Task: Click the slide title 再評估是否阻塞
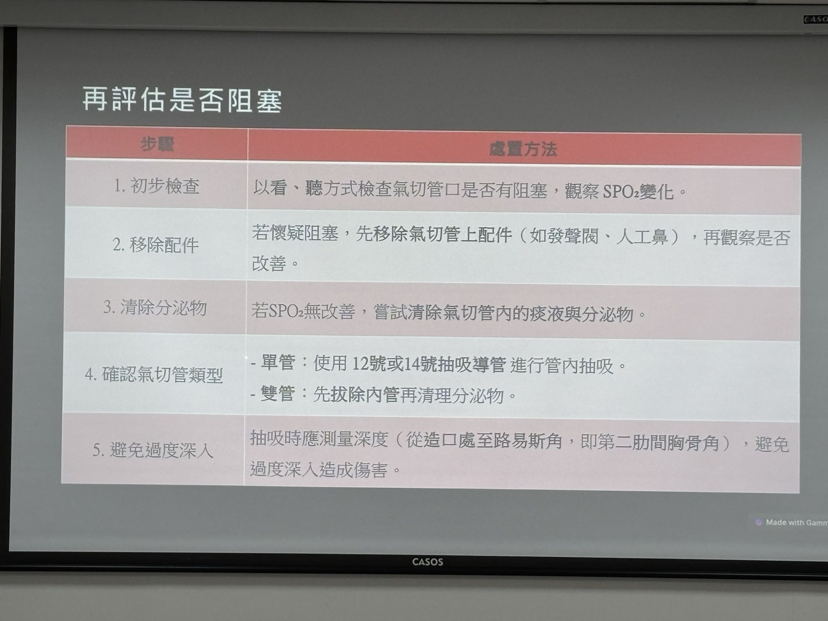tap(182, 100)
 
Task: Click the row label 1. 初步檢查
tap(157, 186)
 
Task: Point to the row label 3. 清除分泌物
tap(155, 308)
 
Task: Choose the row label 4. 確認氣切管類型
tap(154, 374)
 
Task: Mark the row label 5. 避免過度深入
tap(153, 450)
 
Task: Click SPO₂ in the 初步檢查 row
tap(621, 192)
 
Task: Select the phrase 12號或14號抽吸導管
tap(429, 364)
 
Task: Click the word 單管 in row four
tap(278, 362)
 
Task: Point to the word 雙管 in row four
tap(277, 394)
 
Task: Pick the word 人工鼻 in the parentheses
tap(642, 237)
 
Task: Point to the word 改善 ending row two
tap(269, 263)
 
